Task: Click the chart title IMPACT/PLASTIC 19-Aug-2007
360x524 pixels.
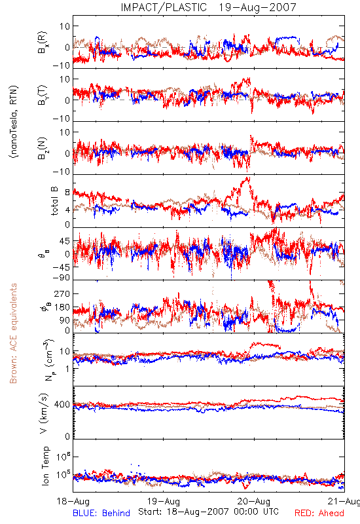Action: [208, 7]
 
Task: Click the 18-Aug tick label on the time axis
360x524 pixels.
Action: [73, 501]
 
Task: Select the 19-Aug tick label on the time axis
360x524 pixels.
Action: [164, 501]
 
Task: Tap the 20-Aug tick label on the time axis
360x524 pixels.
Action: [254, 501]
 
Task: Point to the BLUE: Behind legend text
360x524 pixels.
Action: [101, 513]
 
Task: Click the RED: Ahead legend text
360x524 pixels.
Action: [319, 513]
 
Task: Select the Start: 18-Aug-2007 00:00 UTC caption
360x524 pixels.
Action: [208, 512]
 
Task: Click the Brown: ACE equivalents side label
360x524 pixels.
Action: [13, 333]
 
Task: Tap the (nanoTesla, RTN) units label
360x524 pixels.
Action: [14, 122]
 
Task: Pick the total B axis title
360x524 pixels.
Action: [54, 201]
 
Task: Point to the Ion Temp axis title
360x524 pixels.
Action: [45, 466]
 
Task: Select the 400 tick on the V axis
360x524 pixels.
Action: [62, 405]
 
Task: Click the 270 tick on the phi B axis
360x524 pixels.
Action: [62, 293]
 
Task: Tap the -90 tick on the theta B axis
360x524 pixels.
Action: [62, 278]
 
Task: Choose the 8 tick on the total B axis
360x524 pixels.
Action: [68, 193]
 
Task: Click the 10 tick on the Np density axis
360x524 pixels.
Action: [65, 352]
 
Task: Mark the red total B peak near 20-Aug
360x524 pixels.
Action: [247, 178]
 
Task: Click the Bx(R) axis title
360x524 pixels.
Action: [43, 43]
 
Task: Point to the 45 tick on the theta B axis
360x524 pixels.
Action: [65, 241]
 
